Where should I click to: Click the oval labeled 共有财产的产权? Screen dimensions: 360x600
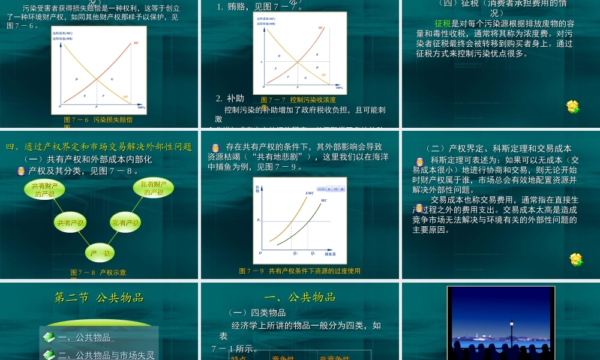click(45, 190)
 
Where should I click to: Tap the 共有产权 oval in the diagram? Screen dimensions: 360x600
click(70, 223)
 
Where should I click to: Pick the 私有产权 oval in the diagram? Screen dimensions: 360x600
click(125, 223)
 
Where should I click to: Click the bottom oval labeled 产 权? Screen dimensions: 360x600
click(100, 253)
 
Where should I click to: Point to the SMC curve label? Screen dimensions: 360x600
click(310, 193)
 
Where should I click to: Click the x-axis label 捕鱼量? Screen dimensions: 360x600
click(329, 254)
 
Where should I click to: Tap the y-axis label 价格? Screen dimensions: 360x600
click(257, 189)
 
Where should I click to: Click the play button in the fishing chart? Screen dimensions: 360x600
click(329, 189)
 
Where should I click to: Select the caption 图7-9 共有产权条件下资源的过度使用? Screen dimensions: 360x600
click(299, 271)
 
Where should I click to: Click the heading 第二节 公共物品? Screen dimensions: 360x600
click(99, 298)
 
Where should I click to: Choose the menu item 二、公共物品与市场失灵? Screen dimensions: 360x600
click(106, 355)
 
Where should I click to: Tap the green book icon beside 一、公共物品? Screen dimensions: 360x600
click(49, 337)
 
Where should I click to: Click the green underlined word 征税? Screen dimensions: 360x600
click(442, 23)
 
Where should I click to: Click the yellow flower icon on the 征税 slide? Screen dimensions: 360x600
click(573, 107)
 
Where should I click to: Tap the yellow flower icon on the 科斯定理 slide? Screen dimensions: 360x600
click(576, 259)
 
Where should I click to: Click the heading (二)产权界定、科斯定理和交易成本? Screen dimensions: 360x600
click(498, 149)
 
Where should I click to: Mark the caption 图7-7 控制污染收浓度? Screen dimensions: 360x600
click(298, 100)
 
